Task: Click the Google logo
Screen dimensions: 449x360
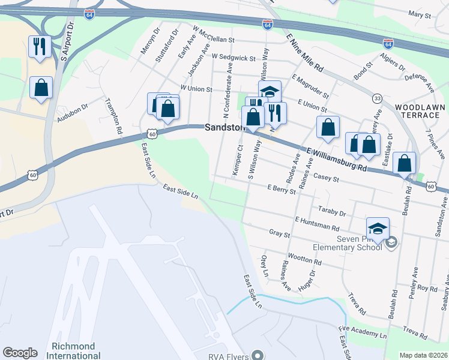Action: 20,353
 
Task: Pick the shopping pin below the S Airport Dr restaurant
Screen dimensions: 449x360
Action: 41,88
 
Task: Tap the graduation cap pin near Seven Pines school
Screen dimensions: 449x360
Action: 378,228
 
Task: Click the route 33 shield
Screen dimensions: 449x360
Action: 377,98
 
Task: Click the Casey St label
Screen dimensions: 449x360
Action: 327,178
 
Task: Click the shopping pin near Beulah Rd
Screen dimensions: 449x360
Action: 405,163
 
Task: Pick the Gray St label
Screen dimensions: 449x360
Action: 280,232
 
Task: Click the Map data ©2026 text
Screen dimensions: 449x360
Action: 423,355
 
